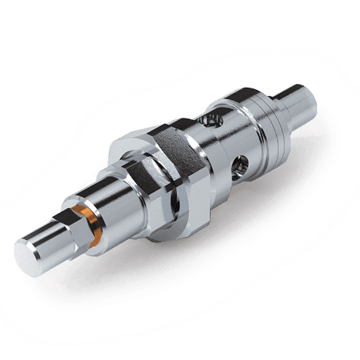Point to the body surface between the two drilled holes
pos(227,142)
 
